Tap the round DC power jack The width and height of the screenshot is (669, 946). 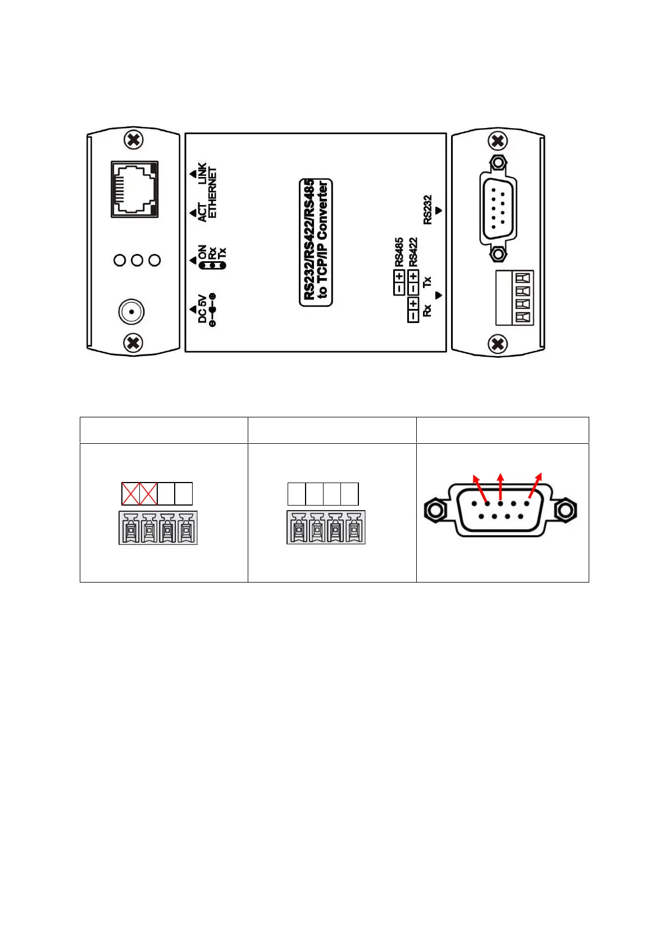tap(131, 311)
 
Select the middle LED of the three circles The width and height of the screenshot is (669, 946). tap(137, 260)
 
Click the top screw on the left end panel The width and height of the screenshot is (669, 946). tap(133, 140)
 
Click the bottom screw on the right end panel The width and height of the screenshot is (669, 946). tap(497, 343)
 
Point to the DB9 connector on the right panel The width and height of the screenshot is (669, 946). tap(498, 208)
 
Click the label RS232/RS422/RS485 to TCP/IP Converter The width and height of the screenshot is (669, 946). tap(316, 242)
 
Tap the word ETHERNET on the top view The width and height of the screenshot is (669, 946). tap(212, 193)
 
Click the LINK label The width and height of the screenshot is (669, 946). tap(202, 174)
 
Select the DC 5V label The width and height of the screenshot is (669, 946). tap(202, 309)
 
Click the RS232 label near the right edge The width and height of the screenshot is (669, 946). tap(428, 210)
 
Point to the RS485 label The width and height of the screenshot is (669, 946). tap(399, 252)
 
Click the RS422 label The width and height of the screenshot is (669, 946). tap(413, 252)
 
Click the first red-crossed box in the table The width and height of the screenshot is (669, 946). tap(130, 494)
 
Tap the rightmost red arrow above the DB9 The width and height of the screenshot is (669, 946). tap(536, 484)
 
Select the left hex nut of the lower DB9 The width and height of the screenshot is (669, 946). tap(434, 510)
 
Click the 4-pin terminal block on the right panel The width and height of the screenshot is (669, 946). tap(514, 298)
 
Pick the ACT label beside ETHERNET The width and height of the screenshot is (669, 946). tap(202, 212)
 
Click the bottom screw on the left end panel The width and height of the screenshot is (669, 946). tap(133, 342)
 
